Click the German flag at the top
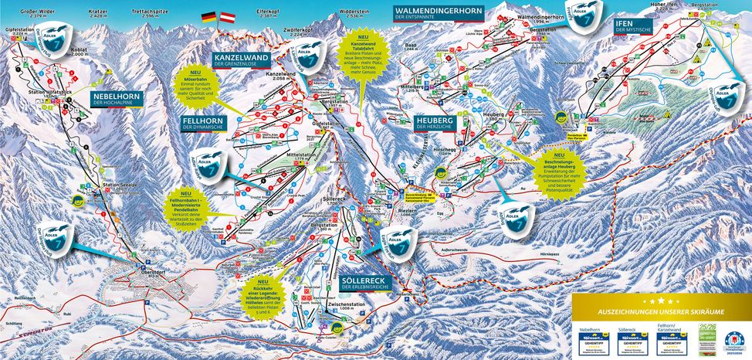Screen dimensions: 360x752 [x=208, y=15]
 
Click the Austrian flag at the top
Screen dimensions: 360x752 [x=229, y=15]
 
